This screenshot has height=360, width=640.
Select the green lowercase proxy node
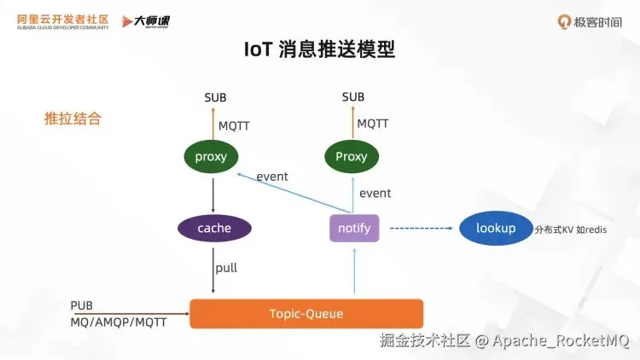point(211,156)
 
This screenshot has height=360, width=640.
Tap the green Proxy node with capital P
point(352,156)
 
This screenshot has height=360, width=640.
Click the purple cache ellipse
point(214,228)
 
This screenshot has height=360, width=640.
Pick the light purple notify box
point(354,228)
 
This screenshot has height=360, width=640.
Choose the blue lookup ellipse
point(496,228)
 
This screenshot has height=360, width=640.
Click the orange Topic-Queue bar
point(305,313)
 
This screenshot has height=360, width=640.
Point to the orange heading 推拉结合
point(73,119)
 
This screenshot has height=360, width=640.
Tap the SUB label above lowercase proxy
point(215,97)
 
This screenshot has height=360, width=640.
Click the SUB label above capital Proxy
point(353,97)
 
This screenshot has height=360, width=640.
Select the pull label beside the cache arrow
point(226,268)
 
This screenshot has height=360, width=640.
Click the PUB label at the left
point(82,305)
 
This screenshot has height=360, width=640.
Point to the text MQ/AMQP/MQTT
point(118,322)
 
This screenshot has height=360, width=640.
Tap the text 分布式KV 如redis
point(571,229)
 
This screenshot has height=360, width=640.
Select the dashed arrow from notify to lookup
point(419,228)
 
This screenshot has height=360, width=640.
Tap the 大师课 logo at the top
point(150,21)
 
